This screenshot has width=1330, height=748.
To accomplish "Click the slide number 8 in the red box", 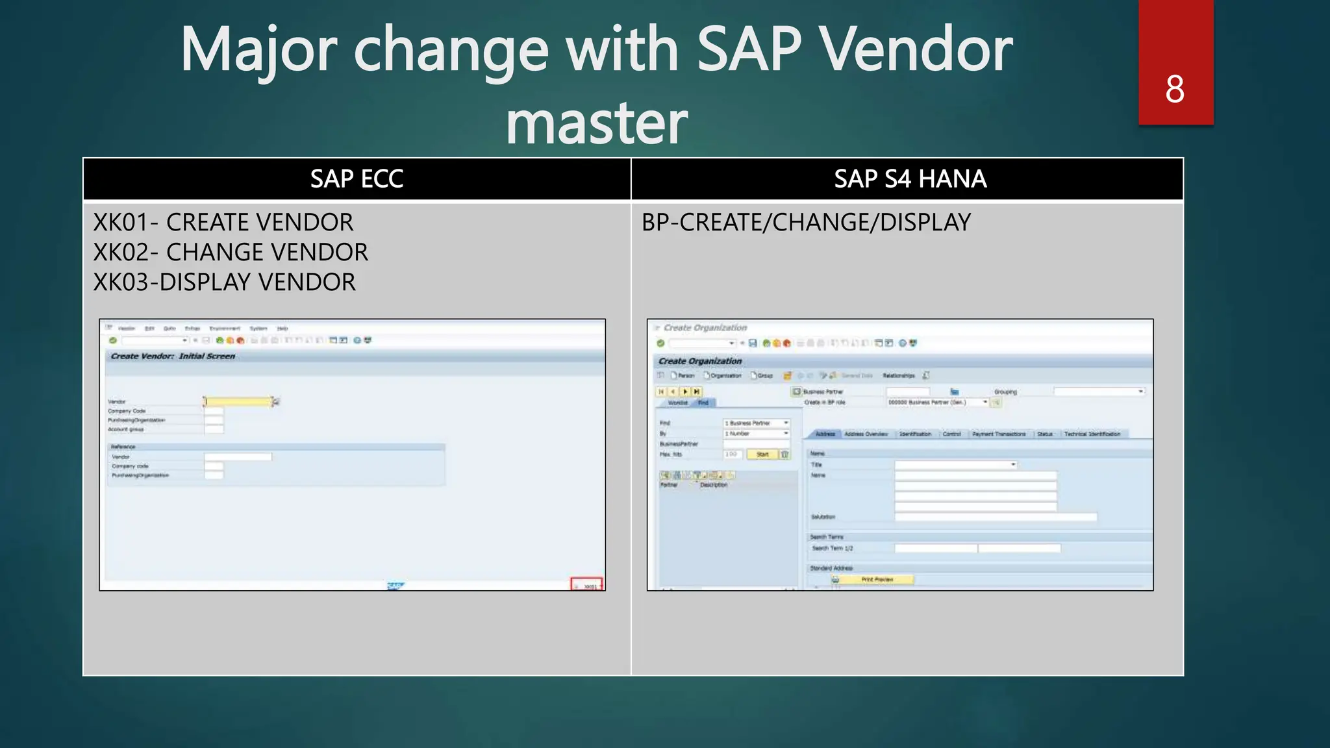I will pyautogui.click(x=1174, y=89).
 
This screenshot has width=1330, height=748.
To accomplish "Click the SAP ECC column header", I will pyautogui.click(x=357, y=179).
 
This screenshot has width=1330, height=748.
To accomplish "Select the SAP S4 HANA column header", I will pyautogui.click(x=909, y=179).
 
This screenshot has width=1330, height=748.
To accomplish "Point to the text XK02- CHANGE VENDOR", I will pyautogui.click(x=231, y=252).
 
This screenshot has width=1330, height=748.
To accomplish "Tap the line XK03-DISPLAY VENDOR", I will pyautogui.click(x=225, y=282).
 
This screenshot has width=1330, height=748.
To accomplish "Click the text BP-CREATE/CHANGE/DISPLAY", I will pyautogui.click(x=806, y=222).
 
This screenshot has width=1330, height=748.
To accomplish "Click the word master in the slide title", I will pyautogui.click(x=596, y=123).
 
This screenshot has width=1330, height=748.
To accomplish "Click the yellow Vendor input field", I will pyautogui.click(x=238, y=402).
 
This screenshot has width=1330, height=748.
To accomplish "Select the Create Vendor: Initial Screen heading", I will pyautogui.click(x=173, y=356).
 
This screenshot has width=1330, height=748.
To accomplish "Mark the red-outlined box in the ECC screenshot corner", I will pyautogui.click(x=586, y=584).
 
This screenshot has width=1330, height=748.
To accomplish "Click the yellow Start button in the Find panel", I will pyautogui.click(x=762, y=455).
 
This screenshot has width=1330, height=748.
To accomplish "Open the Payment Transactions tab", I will pyautogui.click(x=999, y=434).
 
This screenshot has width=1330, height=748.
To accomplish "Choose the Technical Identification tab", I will pyautogui.click(x=1092, y=434).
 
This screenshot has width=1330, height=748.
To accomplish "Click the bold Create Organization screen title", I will pyautogui.click(x=699, y=361).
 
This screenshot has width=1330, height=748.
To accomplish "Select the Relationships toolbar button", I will pyautogui.click(x=898, y=375).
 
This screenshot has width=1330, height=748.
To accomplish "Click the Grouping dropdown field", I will pyautogui.click(x=1098, y=392).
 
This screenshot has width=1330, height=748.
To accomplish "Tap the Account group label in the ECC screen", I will pyautogui.click(x=126, y=429).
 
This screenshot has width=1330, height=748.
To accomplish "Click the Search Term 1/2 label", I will pyautogui.click(x=832, y=549).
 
